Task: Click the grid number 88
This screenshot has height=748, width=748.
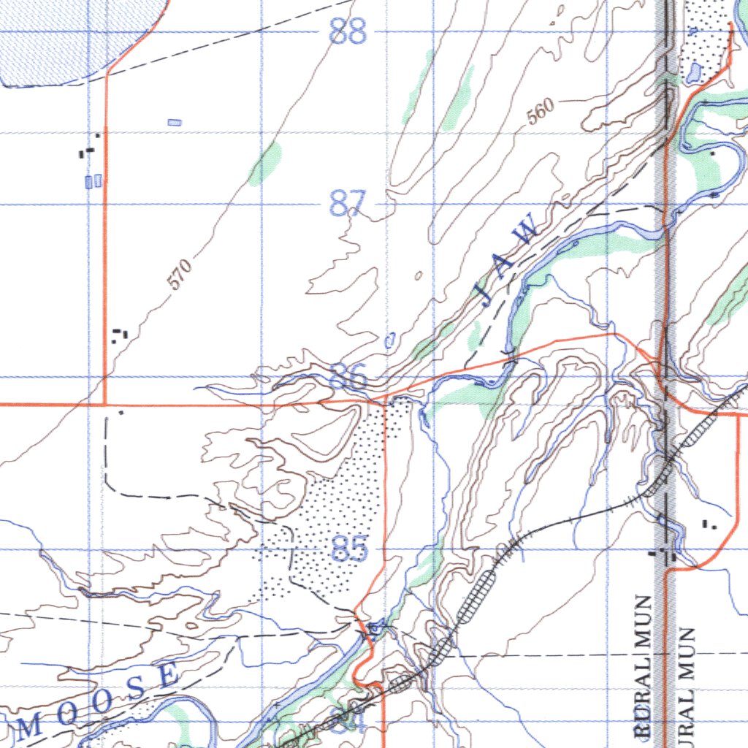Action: pyautogui.click(x=348, y=32)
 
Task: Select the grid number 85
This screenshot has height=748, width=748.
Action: pyautogui.click(x=349, y=549)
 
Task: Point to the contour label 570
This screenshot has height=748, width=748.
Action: pyautogui.click(x=180, y=275)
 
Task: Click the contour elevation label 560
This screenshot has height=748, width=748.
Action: pyautogui.click(x=541, y=112)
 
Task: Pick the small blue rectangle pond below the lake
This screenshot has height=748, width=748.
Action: pyautogui.click(x=175, y=122)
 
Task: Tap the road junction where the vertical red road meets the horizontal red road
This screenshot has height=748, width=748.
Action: pyautogui.click(x=105, y=404)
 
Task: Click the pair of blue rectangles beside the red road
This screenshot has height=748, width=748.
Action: pyautogui.click(x=93, y=181)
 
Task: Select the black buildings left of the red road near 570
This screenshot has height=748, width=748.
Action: pyautogui.click(x=119, y=335)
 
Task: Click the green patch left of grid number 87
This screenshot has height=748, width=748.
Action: pyautogui.click(x=265, y=165)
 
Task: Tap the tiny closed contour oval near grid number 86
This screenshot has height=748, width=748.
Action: pyautogui.click(x=390, y=340)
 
